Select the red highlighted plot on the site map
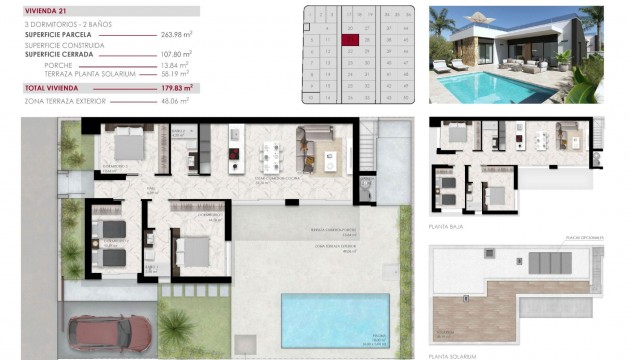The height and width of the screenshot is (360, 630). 349,40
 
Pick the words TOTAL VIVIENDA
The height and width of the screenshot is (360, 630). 53,89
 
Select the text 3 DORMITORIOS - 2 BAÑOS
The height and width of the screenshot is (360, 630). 61,23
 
